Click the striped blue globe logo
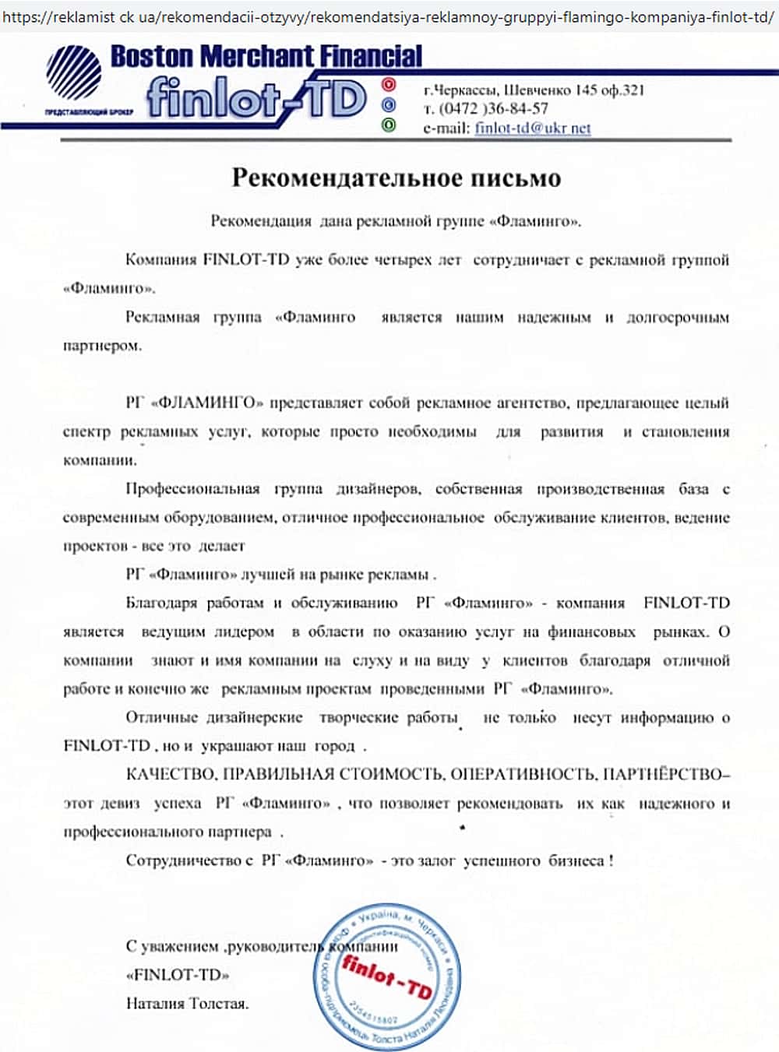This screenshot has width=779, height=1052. point(73,72)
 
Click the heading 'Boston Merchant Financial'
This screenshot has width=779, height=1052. point(266,56)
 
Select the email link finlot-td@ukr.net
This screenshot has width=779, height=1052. point(533,128)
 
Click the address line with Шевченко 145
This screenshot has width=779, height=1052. point(534,90)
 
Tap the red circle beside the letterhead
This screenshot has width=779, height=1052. point(389,84)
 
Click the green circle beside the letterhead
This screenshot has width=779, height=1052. point(389,125)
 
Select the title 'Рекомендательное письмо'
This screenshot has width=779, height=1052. point(396,178)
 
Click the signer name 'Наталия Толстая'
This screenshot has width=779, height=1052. point(187,1004)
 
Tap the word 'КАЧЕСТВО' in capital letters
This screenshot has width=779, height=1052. point(171,775)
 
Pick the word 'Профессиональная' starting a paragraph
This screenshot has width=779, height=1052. point(192,489)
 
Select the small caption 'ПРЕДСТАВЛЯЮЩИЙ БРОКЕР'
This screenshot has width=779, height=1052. point(89,112)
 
